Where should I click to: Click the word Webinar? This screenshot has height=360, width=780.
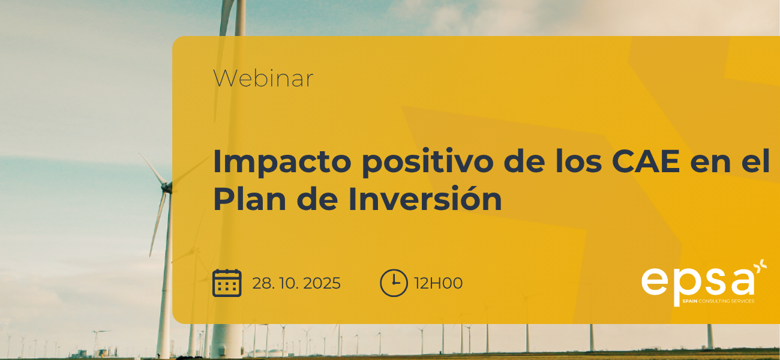tap(263, 79)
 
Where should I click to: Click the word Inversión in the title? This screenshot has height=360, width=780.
tap(425, 200)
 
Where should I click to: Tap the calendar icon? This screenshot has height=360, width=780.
tap(227, 283)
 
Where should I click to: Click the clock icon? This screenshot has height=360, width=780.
tap(394, 283)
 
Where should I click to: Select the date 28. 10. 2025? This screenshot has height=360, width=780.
tap(296, 283)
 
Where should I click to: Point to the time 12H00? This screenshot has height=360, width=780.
tap(439, 283)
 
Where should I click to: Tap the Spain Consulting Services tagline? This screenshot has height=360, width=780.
tap(718, 301)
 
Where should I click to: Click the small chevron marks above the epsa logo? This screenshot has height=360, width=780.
tap(761, 266)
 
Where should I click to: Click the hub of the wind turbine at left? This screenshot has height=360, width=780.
tap(166, 188)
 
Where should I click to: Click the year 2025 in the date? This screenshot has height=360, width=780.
tap(322, 283)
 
